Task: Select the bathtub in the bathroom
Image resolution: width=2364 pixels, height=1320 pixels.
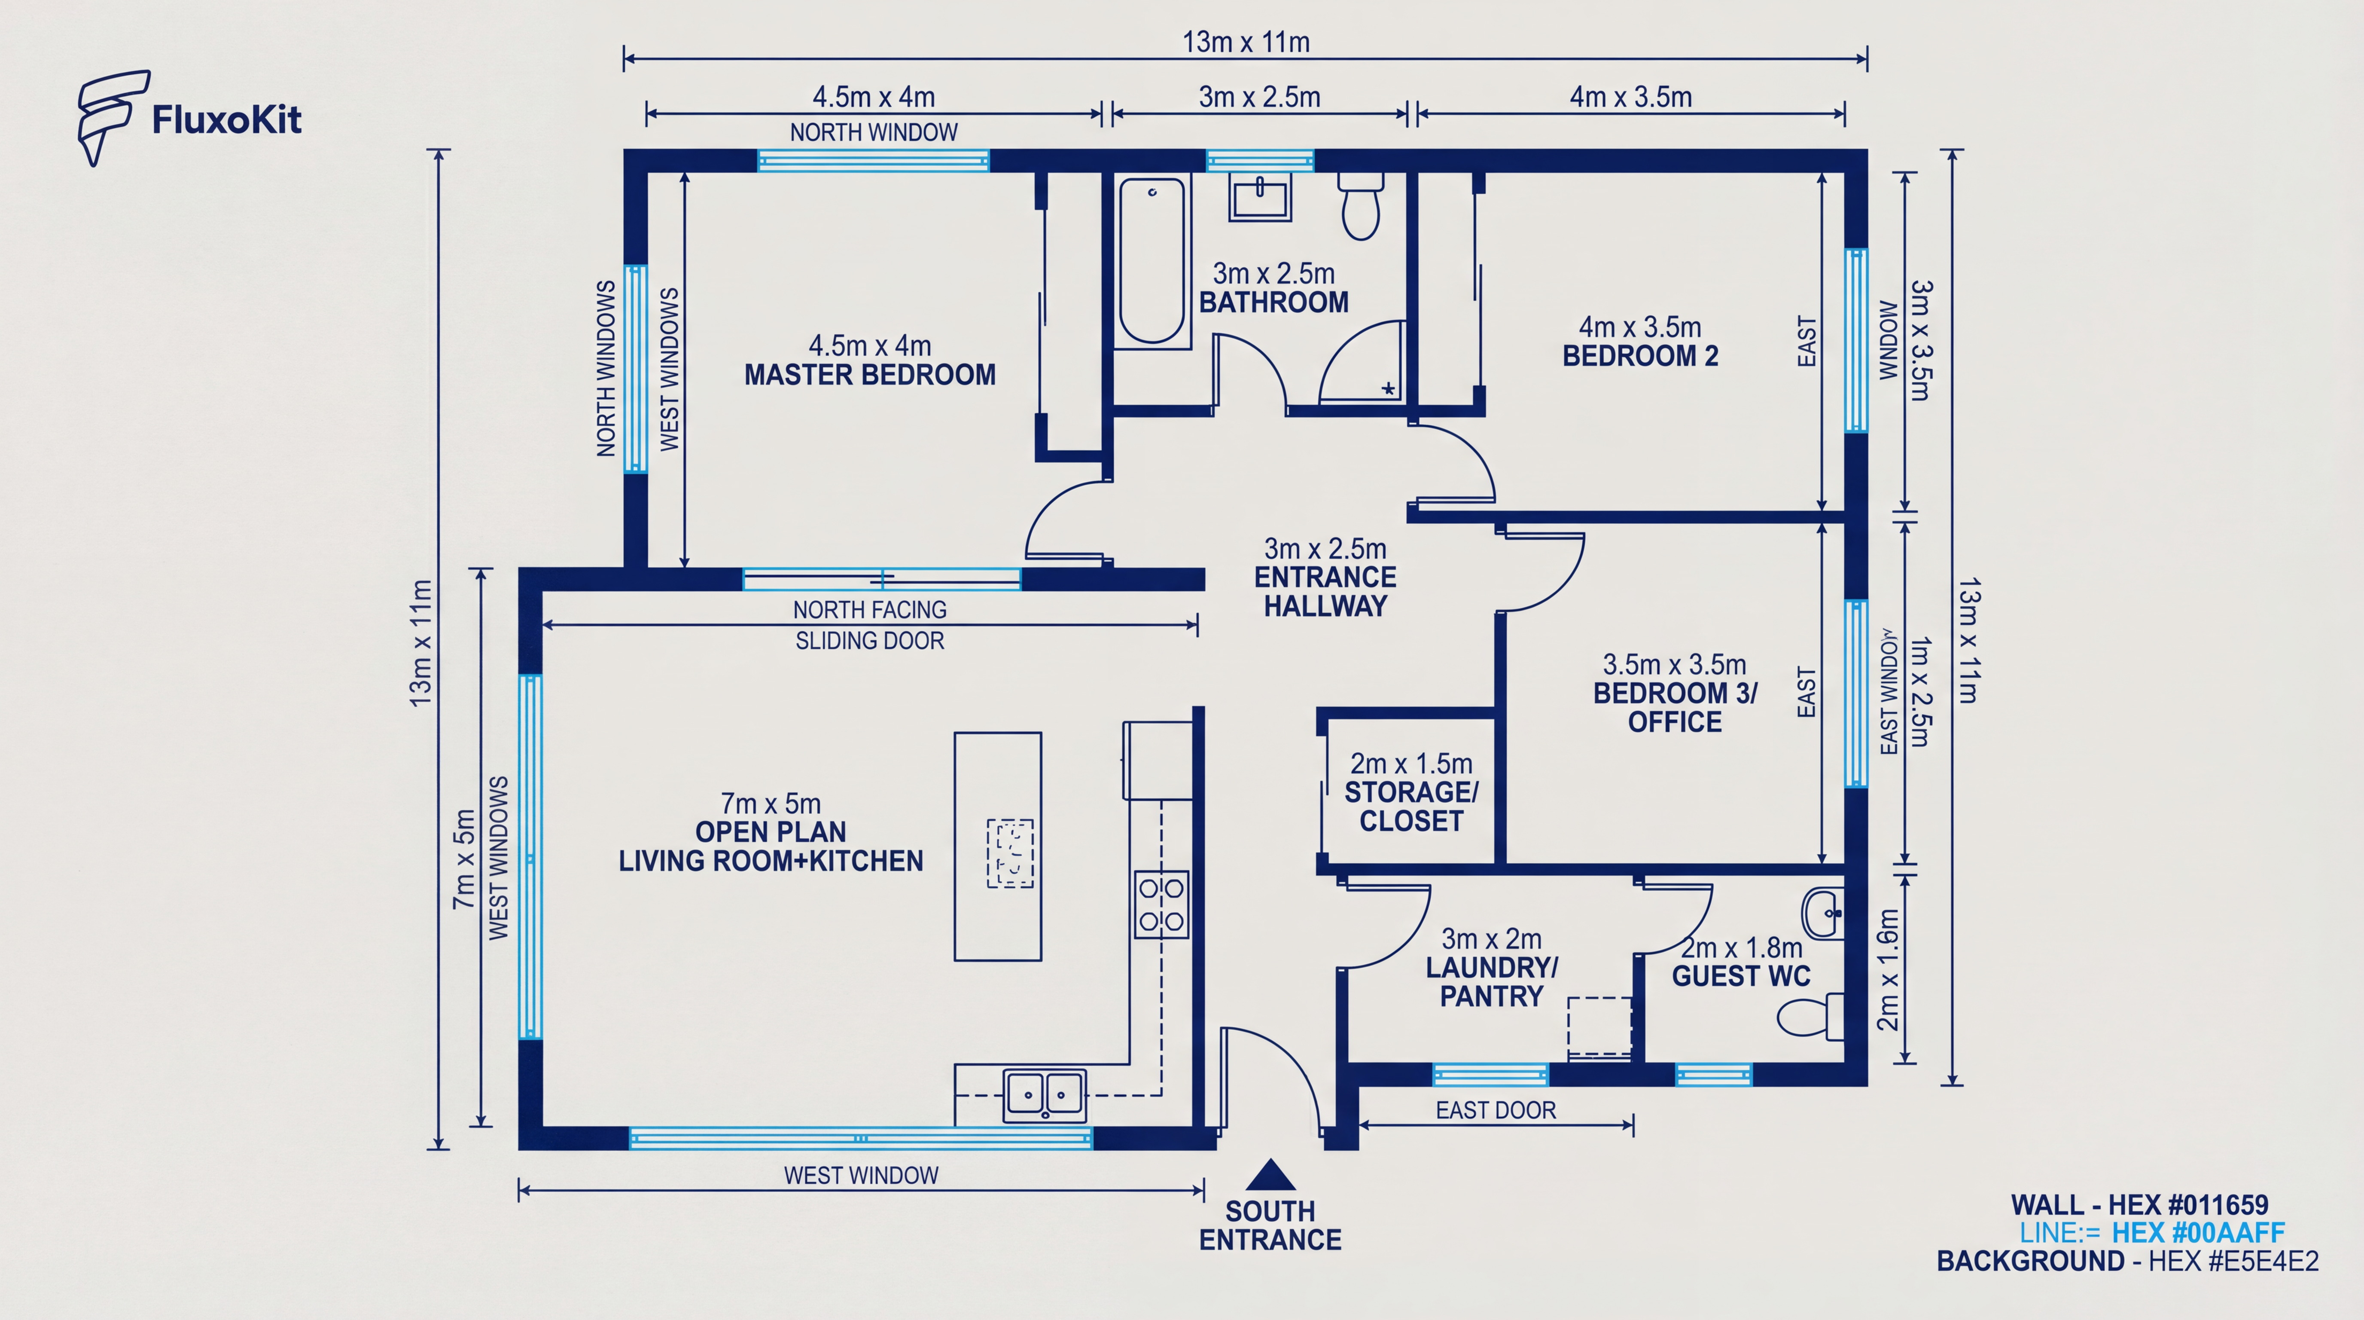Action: (1152, 261)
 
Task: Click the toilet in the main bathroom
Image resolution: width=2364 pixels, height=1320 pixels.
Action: (1360, 206)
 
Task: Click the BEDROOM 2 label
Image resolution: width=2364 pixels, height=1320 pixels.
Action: (1640, 356)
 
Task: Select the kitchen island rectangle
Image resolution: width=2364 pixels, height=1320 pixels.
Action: (998, 846)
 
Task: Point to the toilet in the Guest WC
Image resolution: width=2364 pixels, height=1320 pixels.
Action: (1810, 1016)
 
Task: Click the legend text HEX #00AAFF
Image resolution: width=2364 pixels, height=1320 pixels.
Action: (2198, 1233)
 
